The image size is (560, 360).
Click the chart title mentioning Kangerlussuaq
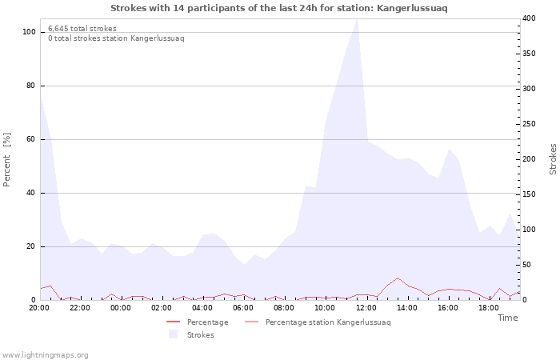pyautogui.click(x=279, y=8)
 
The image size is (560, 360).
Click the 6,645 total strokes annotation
pyautogui.click(x=82, y=29)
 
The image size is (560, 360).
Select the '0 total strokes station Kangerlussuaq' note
pyautogui.click(x=115, y=38)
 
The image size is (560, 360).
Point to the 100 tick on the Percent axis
pyautogui.click(x=29, y=32)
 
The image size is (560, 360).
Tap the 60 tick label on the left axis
pyautogui.click(x=30, y=139)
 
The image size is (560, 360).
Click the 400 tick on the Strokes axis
pyautogui.click(x=529, y=18)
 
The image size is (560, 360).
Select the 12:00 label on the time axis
pyautogui.click(x=366, y=307)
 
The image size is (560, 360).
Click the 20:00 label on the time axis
pyautogui.click(x=39, y=307)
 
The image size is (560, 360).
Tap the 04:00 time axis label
pyautogui.click(x=202, y=307)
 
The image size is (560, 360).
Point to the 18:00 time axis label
pyautogui.click(x=489, y=307)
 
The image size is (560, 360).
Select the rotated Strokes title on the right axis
pyautogui.click(x=553, y=159)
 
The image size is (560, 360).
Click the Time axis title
pyautogui.click(x=507, y=318)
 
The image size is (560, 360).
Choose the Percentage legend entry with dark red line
pyautogui.click(x=207, y=322)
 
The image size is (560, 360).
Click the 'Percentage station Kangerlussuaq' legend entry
pyautogui.click(x=328, y=322)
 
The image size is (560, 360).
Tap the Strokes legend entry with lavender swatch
pyautogui.click(x=200, y=335)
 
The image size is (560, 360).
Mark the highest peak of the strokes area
pyautogui.click(x=357, y=19)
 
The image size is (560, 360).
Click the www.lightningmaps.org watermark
pyautogui.click(x=45, y=354)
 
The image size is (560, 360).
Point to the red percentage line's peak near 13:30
pyautogui.click(x=398, y=278)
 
